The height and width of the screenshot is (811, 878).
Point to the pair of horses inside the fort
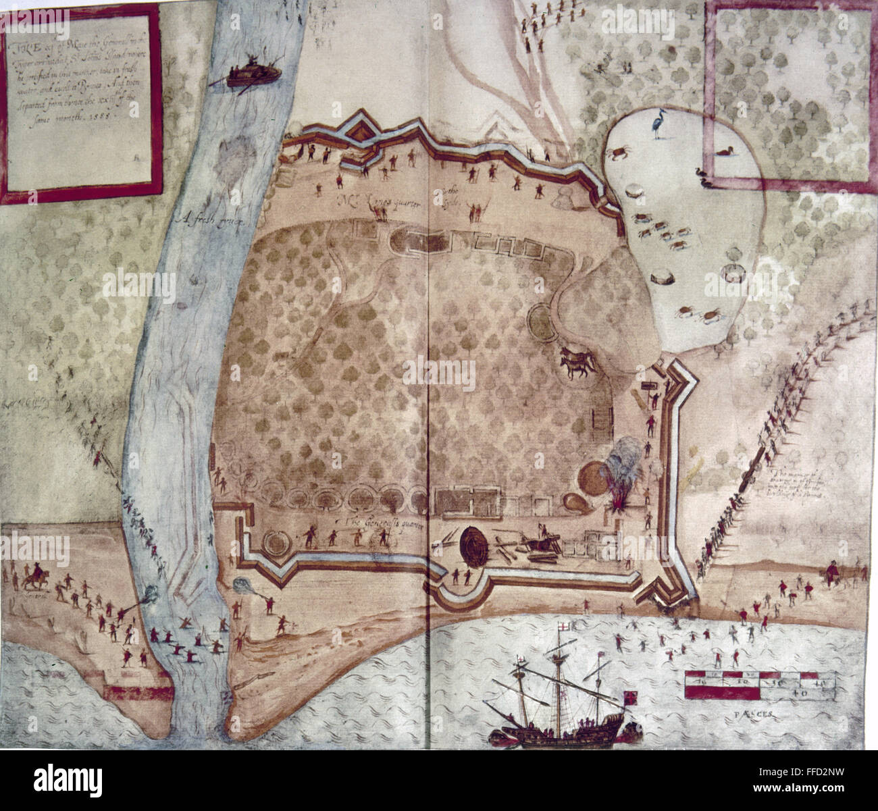coord(575,366)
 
